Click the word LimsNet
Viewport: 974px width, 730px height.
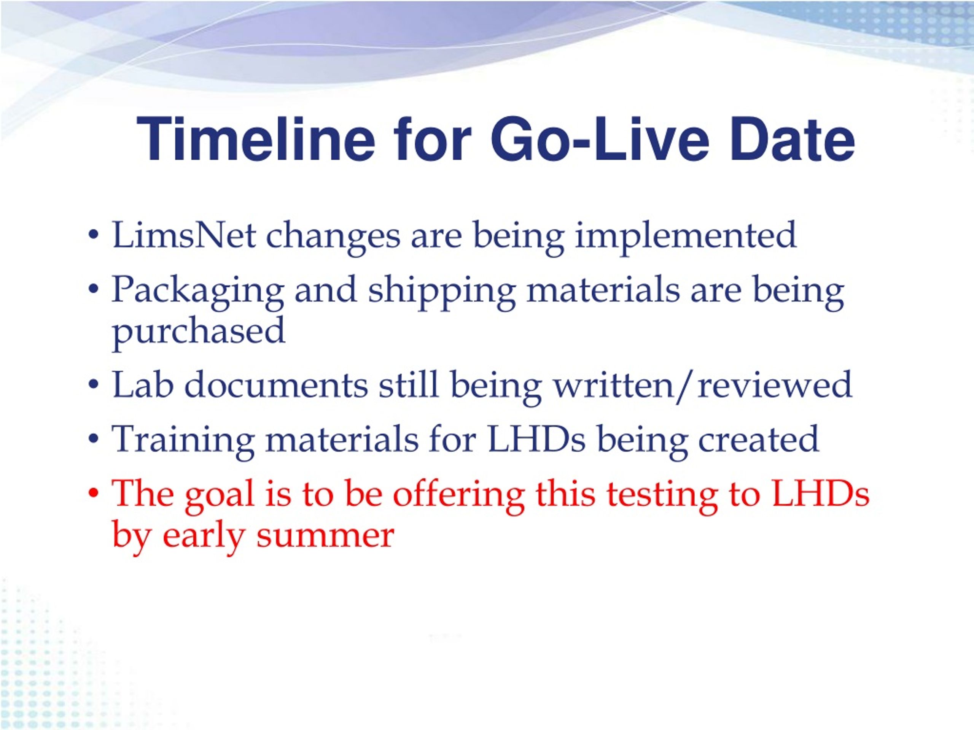point(184,235)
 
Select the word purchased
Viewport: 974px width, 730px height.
point(199,331)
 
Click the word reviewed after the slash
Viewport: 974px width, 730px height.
point(775,384)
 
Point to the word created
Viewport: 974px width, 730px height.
point(759,439)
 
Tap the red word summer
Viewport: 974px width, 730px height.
point(325,536)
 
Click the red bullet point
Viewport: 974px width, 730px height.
point(93,495)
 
